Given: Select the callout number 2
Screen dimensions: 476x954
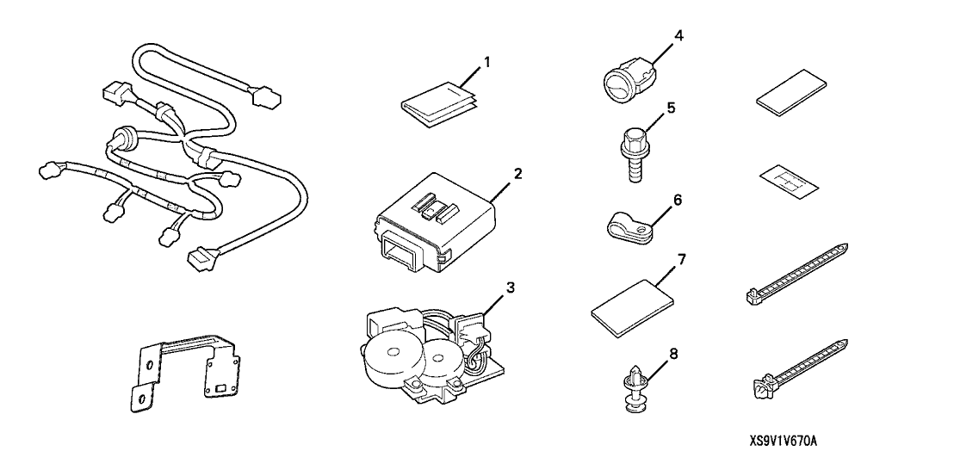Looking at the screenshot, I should (x=518, y=173).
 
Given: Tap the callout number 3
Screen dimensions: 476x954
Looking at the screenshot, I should (x=510, y=287).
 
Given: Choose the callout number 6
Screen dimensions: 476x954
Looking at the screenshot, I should (x=677, y=199).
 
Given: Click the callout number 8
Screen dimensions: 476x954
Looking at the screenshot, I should (x=672, y=353).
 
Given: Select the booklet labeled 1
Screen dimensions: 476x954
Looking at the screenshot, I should (x=437, y=104).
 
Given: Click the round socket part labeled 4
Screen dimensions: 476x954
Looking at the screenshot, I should (x=624, y=82).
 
